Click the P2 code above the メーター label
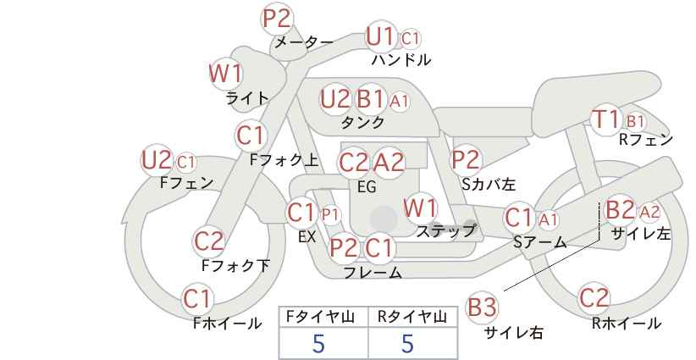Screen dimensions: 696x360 pyautogui.click(x=277, y=19)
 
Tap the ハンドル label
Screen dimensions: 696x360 pyautogui.click(x=401, y=59)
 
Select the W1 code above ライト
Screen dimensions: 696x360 pyautogui.click(x=225, y=74)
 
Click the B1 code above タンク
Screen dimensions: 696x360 pyautogui.click(x=370, y=99)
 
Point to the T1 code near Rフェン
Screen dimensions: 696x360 pyautogui.click(x=606, y=119)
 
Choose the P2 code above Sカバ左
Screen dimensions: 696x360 pyautogui.click(x=466, y=160)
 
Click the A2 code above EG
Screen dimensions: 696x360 pyautogui.click(x=389, y=163)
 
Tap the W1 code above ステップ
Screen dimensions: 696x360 pyautogui.click(x=420, y=208)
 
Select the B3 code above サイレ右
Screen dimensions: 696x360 pyautogui.click(x=482, y=307)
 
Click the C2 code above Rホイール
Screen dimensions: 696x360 pyautogui.click(x=594, y=298)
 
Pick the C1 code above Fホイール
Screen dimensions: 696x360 pyautogui.click(x=196, y=299)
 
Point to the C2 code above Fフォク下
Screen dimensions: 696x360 pyautogui.click(x=208, y=242)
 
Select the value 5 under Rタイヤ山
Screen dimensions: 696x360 pyautogui.click(x=407, y=344)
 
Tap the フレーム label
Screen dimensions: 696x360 pyautogui.click(x=373, y=272)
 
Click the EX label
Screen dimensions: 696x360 pyautogui.click(x=307, y=236)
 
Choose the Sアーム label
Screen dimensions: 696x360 pyautogui.click(x=540, y=242)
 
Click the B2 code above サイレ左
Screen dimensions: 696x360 pyautogui.click(x=621, y=209)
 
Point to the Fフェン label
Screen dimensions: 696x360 pyautogui.click(x=187, y=182)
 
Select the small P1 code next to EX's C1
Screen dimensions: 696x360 pyautogui.click(x=330, y=215)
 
